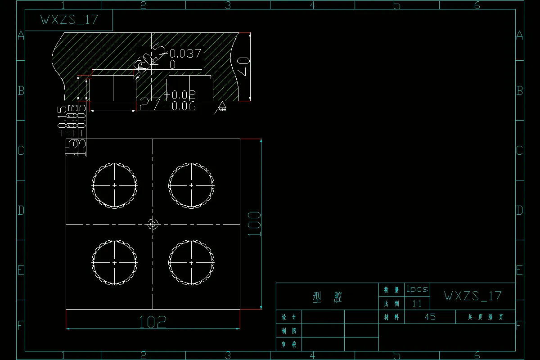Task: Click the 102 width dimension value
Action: point(153,321)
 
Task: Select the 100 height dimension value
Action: point(255,224)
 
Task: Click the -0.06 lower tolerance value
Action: point(180,106)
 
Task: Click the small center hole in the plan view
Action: point(153,224)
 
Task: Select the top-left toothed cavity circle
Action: point(115,185)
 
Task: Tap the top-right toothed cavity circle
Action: point(191,185)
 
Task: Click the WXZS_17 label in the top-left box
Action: point(69,20)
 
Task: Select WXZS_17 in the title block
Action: point(472,296)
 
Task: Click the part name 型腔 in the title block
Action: point(327,297)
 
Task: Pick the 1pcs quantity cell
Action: point(417,289)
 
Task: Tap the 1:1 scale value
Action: point(417,304)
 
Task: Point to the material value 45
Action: point(430,317)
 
